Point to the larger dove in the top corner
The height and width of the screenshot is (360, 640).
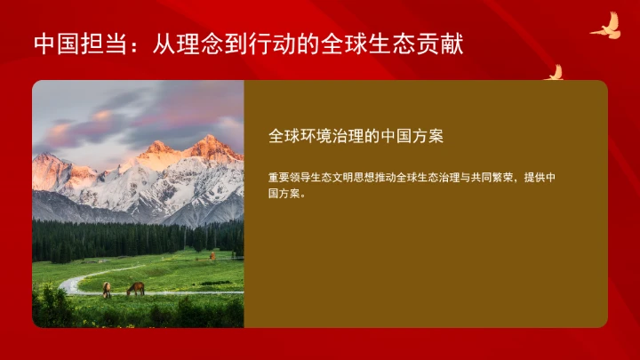coord(605,26)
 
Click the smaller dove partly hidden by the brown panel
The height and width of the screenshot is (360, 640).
coord(554,73)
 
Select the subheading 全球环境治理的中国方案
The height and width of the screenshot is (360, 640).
coord(356,136)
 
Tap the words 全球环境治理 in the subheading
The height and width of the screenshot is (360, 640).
coord(316,136)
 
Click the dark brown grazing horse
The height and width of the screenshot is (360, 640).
coord(135,288)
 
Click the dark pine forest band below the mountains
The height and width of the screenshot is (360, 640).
coord(133,237)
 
